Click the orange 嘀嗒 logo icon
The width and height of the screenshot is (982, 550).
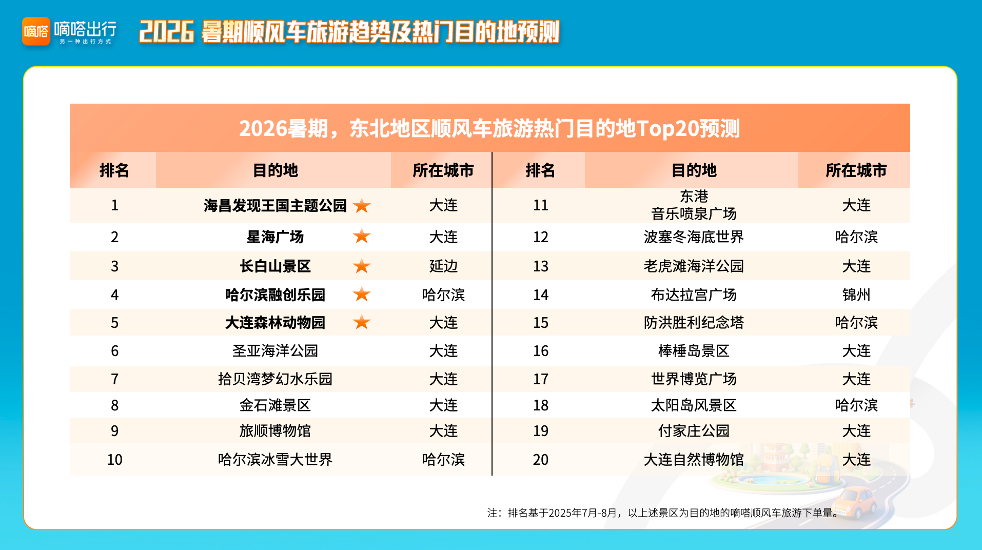[36, 31]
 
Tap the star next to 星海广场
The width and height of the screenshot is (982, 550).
[362, 236]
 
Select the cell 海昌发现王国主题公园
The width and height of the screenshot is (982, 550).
[275, 206]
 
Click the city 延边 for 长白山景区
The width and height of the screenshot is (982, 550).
[443, 266]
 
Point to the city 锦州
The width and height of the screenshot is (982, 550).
[856, 295]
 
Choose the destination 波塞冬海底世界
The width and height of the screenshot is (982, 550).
[694, 237]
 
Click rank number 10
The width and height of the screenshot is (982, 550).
[114, 460]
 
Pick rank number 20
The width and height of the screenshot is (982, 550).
[541, 460]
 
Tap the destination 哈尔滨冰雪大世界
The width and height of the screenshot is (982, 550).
[275, 460]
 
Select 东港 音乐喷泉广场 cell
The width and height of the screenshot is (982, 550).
[694, 205]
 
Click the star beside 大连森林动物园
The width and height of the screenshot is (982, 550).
[362, 322]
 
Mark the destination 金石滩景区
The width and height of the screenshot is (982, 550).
[275, 405]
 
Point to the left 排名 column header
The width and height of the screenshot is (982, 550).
[114, 170]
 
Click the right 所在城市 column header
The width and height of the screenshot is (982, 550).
[856, 170]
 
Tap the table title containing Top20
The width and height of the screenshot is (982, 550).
[489, 128]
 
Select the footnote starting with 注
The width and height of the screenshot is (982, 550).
[663, 513]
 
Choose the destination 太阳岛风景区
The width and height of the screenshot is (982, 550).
[694, 405]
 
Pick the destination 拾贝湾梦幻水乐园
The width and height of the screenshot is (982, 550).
[275, 379]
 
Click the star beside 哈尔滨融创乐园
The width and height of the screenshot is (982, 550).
[362, 294]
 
